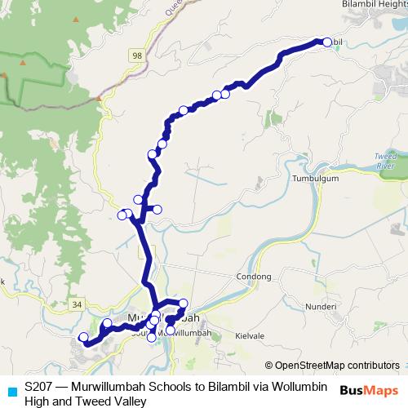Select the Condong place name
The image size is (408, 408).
point(253,277)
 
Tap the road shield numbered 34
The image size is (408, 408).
point(78,304)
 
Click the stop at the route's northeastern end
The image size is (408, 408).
point(327,42)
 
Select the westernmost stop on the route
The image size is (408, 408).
point(82,337)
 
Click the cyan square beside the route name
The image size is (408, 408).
point(11,388)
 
